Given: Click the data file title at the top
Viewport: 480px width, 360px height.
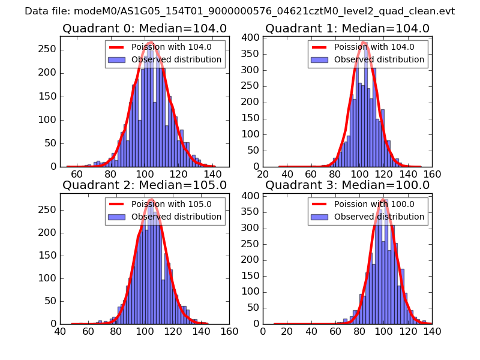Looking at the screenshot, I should pyautogui.click(x=240, y=11).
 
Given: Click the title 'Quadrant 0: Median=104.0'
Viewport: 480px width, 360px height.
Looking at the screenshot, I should pyautogui.click(x=145, y=29).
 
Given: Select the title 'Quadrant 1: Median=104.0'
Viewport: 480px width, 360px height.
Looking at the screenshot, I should pyautogui.click(x=347, y=29).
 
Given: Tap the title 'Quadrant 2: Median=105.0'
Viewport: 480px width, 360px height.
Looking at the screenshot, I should pyautogui.click(x=145, y=185).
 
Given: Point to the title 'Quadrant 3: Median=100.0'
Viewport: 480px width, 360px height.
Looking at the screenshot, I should pyautogui.click(x=347, y=185).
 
